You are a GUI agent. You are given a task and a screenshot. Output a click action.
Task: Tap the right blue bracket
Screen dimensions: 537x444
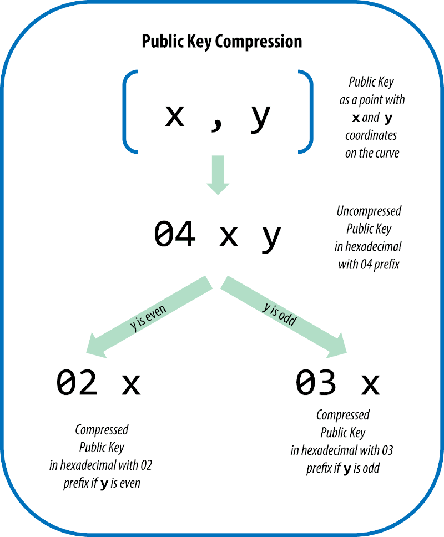[306, 110]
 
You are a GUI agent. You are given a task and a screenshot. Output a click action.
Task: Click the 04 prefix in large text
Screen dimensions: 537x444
[175, 234]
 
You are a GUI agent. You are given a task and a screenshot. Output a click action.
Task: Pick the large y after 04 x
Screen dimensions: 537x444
[271, 237]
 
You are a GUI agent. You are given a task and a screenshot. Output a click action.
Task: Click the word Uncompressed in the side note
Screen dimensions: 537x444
[369, 211]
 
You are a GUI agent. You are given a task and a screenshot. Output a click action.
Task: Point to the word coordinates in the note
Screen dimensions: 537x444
[371, 135]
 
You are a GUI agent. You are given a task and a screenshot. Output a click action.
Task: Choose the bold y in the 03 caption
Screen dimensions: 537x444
[347, 469]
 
